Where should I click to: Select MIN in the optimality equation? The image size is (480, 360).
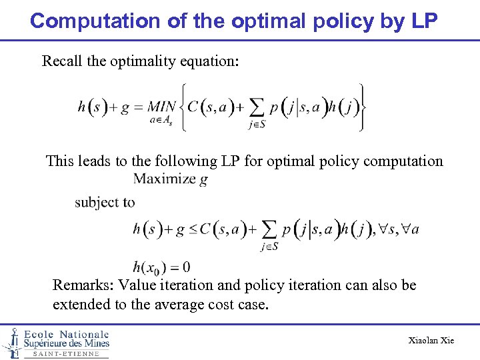click(x=161, y=107)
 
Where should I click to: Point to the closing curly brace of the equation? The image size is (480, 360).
click(x=361, y=107)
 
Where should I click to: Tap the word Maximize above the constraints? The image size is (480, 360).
click(x=164, y=179)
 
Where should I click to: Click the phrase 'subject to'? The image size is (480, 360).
click(x=105, y=202)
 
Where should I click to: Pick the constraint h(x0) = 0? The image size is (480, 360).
click(x=161, y=267)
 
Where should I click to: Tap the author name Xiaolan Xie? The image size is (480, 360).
click(x=431, y=341)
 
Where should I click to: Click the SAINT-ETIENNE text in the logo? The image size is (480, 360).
click(x=66, y=354)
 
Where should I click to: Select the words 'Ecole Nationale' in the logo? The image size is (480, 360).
click(x=66, y=334)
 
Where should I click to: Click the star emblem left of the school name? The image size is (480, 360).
click(x=11, y=343)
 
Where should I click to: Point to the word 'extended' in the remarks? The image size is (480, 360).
click(x=81, y=305)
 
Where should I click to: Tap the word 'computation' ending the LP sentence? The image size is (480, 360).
click(x=403, y=161)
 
